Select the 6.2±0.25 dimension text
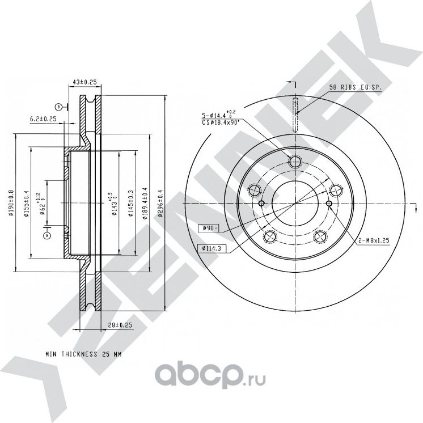[x=43, y=119]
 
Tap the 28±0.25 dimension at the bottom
[x=119, y=325]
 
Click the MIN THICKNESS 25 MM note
[x=83, y=354]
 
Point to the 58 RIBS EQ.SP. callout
[x=356, y=88]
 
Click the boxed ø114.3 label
[x=210, y=248]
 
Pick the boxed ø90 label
[x=208, y=228]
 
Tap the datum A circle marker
[x=47, y=234]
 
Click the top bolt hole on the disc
[x=294, y=162]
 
